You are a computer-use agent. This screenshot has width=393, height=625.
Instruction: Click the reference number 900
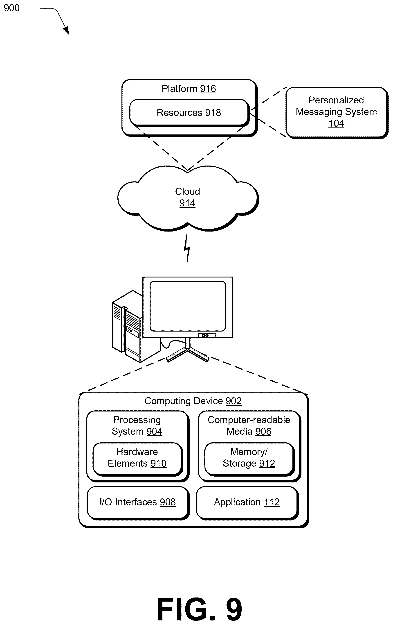(12, 8)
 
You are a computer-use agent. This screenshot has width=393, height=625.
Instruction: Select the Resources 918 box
(189, 113)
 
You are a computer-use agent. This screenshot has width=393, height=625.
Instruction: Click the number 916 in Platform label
(208, 89)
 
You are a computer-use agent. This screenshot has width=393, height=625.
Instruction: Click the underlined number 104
(336, 124)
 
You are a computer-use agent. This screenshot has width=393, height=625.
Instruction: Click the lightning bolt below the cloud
(187, 249)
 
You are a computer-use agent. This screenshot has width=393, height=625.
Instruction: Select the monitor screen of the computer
(188, 306)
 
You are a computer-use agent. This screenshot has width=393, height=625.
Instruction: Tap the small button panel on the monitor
(207, 335)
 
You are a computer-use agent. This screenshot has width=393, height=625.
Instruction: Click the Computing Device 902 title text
(193, 401)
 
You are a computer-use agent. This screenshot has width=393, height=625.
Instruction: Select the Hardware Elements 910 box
(137, 459)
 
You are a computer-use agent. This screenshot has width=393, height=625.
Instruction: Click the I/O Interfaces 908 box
(138, 503)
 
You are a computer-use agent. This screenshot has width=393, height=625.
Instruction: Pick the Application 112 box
(247, 503)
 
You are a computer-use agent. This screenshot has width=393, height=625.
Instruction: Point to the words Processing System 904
(137, 426)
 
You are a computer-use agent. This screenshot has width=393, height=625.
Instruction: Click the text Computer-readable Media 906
(249, 426)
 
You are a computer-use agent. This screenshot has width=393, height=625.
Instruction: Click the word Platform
(179, 89)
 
